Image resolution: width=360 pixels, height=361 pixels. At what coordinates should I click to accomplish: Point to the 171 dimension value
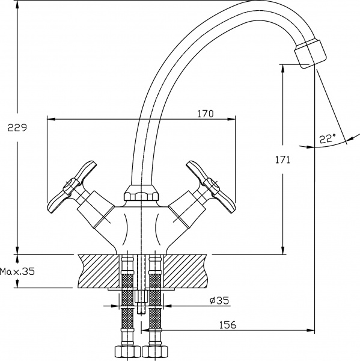(282, 160)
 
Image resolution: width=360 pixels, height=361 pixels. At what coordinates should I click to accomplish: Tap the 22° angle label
(328, 139)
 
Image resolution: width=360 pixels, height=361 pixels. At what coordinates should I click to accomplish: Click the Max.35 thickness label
(17, 272)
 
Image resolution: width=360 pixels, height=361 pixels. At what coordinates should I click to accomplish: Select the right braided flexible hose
(154, 307)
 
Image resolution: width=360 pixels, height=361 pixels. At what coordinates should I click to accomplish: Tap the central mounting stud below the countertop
(140, 301)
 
